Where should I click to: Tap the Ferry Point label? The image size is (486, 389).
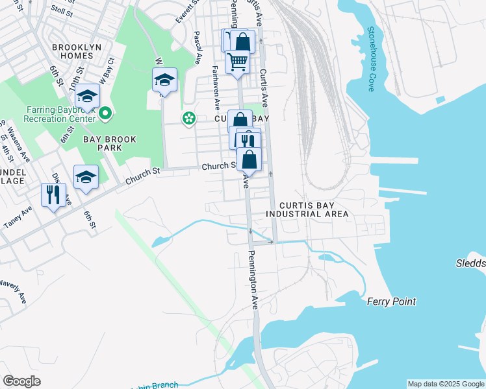coord(390,301)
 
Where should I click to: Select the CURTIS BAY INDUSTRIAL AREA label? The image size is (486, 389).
coord(307,209)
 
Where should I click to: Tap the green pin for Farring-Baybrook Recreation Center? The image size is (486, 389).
coord(107,114)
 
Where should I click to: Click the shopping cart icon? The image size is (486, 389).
coord(237,62)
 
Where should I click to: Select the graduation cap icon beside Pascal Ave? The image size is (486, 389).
coord(164,80)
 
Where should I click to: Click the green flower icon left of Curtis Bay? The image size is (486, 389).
coord(189,119)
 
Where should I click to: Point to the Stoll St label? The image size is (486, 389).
coord(62,10)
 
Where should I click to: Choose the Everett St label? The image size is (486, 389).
coord(184,12)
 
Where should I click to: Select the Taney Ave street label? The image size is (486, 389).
coord(17,218)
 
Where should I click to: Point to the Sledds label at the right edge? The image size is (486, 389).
coord(470,263)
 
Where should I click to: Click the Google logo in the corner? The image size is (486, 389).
coord(21,381)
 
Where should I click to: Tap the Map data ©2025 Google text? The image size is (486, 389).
coord(445,384)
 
